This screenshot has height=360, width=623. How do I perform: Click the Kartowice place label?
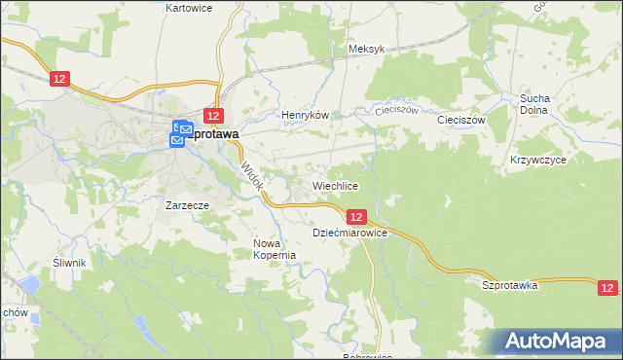189,8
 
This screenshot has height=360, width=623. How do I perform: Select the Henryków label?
306,115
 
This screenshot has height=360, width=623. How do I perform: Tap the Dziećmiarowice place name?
350,234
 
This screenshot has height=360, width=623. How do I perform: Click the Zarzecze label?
188,206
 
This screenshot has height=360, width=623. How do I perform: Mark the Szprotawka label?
510,285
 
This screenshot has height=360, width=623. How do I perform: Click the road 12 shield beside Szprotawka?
608,287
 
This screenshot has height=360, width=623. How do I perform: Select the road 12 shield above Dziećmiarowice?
356,217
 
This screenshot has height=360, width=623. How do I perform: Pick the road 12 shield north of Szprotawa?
215,115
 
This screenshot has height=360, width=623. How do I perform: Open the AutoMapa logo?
559,341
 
